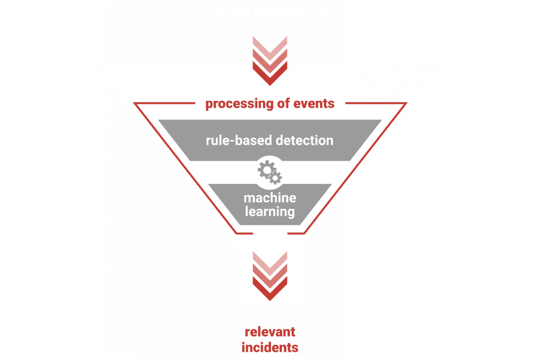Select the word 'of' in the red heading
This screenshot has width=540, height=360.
283,103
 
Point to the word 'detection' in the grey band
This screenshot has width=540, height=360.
304,141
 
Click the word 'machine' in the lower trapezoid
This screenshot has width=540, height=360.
270,198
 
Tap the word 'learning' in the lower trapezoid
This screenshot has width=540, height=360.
270,212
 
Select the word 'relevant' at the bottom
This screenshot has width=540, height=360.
270,332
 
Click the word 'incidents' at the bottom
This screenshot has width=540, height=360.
270,347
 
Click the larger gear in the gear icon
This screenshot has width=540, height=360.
266,169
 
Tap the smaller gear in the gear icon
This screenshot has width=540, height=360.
275,178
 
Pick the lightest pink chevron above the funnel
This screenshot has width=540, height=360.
270,46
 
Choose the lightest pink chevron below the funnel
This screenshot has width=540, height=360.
270,260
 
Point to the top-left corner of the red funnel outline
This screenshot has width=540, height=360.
135,103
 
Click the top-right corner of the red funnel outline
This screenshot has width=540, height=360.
406,103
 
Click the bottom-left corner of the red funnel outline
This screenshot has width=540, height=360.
237,233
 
